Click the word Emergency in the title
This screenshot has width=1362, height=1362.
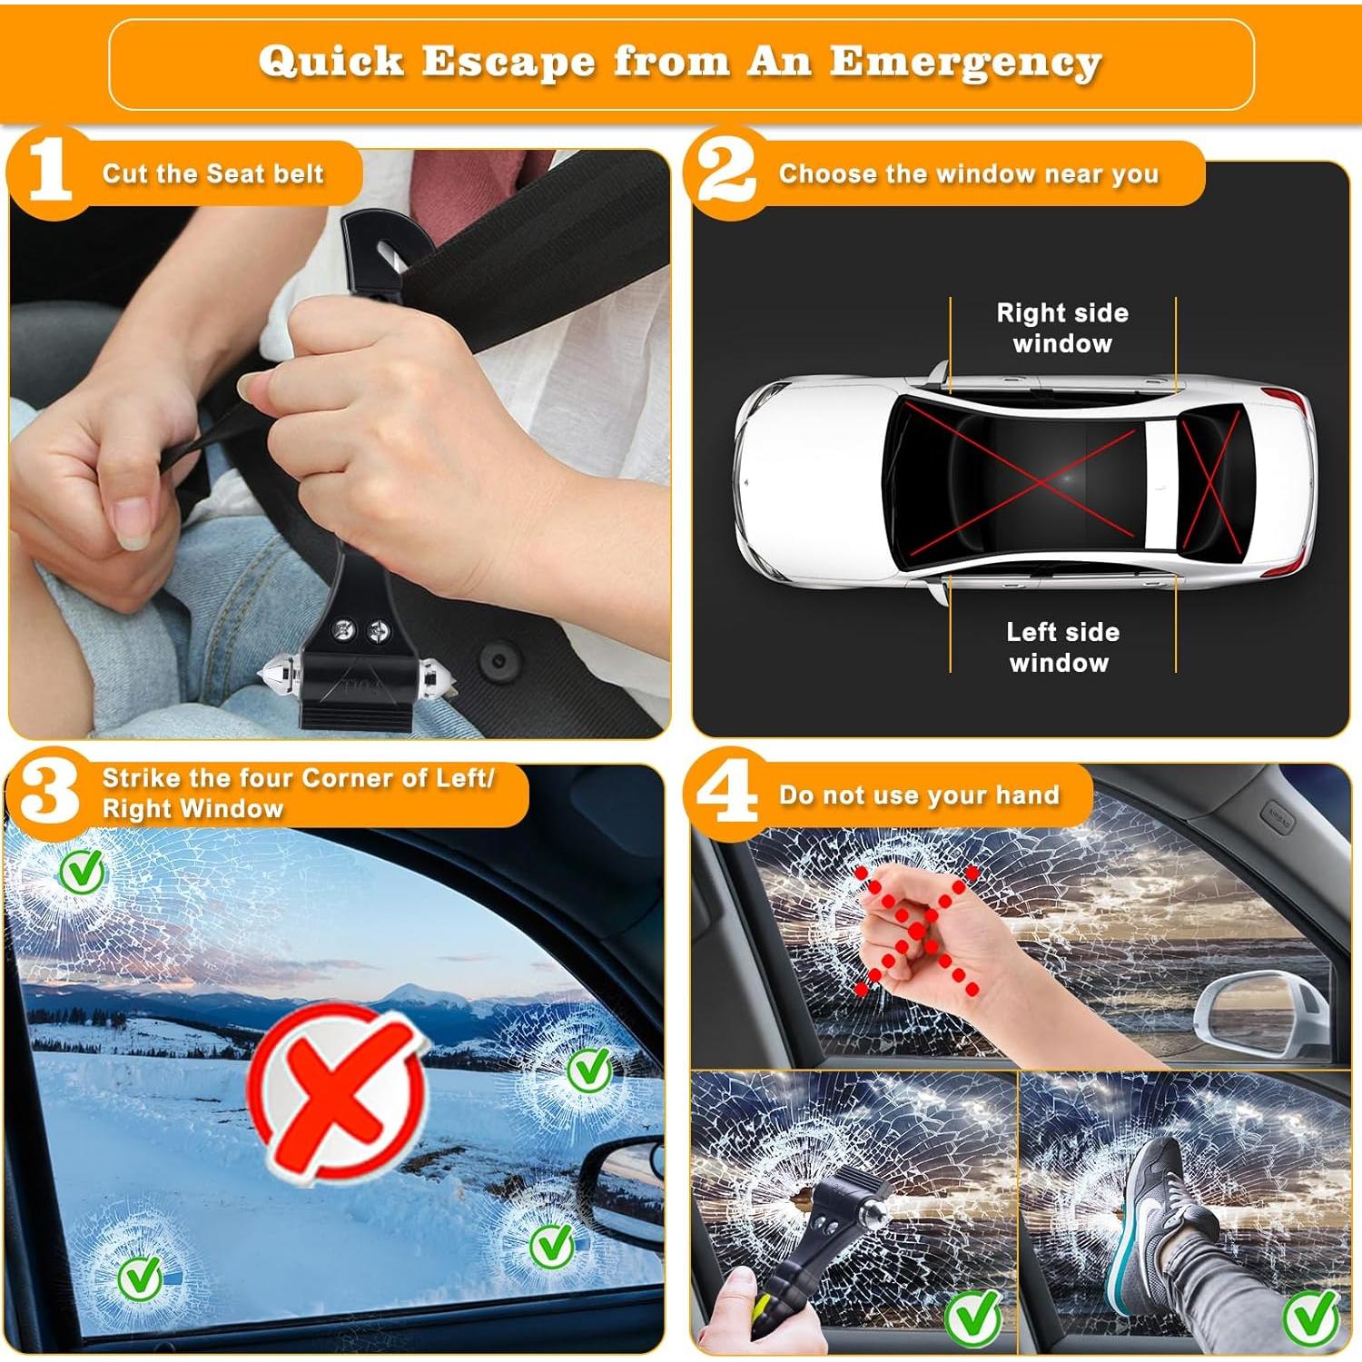click(x=965, y=62)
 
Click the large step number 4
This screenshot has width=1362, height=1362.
click(x=725, y=792)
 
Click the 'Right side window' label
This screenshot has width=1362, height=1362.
click(x=1061, y=328)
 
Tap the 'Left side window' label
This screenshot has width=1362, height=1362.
click(x=1061, y=646)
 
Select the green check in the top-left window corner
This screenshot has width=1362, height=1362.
click(x=82, y=873)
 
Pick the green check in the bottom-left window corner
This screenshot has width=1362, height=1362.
click(x=140, y=1278)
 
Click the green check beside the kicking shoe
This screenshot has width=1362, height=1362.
click(x=1310, y=1317)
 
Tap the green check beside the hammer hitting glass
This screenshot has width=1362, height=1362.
click(x=972, y=1317)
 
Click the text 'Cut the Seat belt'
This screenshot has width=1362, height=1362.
click(x=212, y=173)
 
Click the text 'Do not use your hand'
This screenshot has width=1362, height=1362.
click(x=919, y=795)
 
